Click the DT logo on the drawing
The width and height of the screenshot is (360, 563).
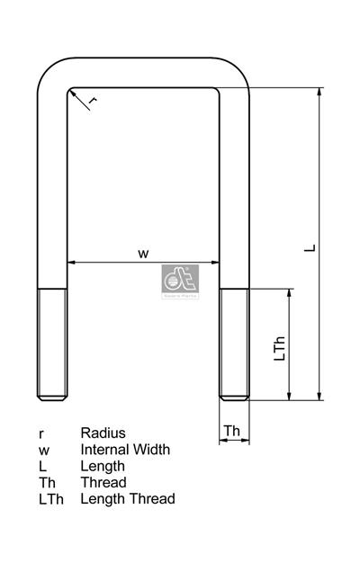pos(180,281)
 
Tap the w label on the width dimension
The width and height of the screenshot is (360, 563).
pos(143,254)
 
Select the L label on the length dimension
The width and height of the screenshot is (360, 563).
pos(310,244)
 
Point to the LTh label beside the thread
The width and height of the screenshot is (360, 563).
pos(279,348)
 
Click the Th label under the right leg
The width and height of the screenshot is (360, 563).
pos(233,431)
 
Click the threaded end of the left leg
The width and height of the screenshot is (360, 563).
pos(52,344)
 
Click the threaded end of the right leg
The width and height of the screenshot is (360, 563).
pos(233,344)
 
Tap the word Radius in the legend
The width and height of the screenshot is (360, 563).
pos(103,433)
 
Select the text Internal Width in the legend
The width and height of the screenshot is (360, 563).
pos(125,450)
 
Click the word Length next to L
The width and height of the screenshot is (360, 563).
pos(103,466)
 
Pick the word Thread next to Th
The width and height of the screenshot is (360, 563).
pos(103,482)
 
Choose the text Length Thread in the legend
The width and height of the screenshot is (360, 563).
pos(128,498)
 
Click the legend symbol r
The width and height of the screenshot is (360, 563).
pos(41,434)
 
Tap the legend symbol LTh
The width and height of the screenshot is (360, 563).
pos(49,498)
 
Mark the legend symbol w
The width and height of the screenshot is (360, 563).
pos(43,450)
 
